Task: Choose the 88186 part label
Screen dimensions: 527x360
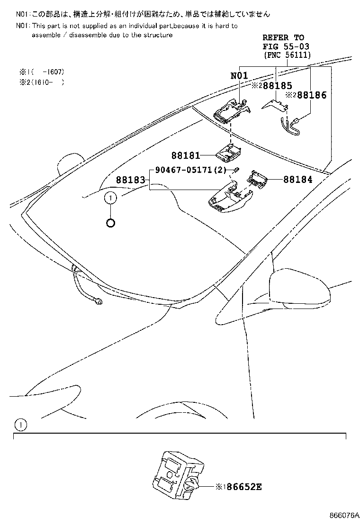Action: (309, 95)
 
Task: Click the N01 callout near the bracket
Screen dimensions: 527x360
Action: (240, 76)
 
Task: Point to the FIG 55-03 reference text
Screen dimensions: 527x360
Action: (283, 46)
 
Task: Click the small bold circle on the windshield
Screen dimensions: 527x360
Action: (110, 222)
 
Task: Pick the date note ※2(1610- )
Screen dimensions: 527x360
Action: (41, 82)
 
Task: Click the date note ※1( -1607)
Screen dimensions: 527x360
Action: (41, 72)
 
